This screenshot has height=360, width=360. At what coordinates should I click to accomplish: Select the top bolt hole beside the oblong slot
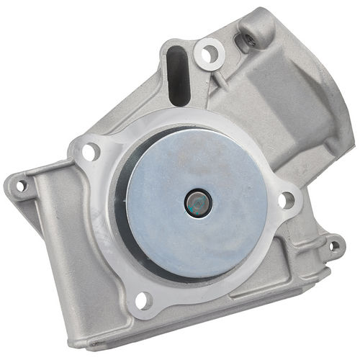tap(210, 53)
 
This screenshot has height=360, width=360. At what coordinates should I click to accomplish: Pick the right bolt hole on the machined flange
tap(287, 200)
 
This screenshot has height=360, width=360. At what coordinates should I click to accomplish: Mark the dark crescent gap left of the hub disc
tap(121, 209)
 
